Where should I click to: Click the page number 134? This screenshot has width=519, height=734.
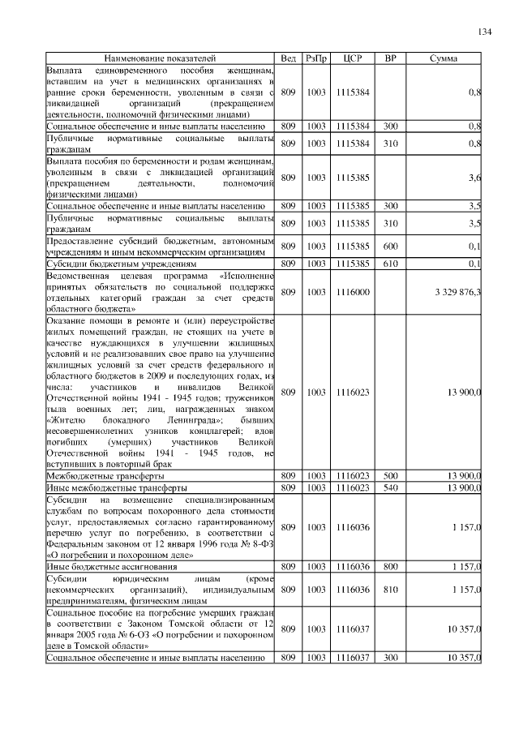tap(484, 32)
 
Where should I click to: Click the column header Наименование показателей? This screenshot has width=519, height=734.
tap(160, 59)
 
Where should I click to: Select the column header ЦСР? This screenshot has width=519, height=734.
tap(352, 59)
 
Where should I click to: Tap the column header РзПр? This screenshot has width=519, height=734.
tap(316, 59)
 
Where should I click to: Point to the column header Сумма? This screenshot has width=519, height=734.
tap(443, 59)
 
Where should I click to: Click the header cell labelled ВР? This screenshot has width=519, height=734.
tap(390, 59)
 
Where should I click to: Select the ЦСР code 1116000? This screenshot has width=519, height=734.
tap(352, 291)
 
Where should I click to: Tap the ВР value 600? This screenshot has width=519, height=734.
tap(390, 246)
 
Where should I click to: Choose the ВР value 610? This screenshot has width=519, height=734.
tap(390, 264)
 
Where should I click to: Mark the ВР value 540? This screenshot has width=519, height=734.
tap(390, 487)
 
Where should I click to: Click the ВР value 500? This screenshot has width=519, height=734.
tap(390, 474)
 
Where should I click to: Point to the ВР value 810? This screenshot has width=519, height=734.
tap(390, 589)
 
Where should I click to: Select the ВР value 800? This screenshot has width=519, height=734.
tap(390, 565)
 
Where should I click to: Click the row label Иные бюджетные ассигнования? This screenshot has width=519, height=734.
tap(108, 565)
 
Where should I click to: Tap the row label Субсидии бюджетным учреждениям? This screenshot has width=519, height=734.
tap(121, 264)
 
